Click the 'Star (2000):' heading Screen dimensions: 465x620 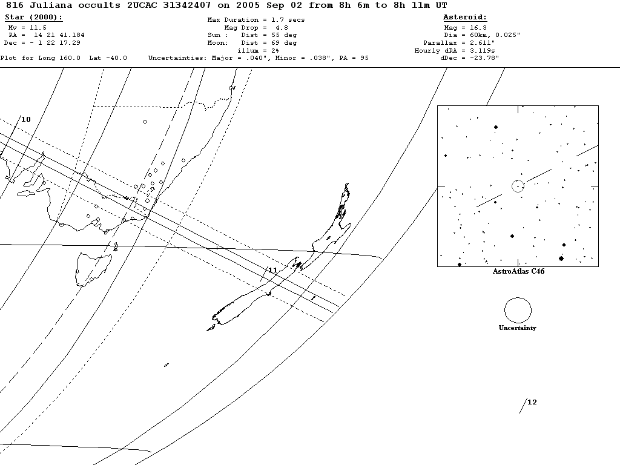tap(33, 17)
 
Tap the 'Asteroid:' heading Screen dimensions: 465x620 tap(465, 17)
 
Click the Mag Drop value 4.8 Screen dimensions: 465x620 tap(282, 28)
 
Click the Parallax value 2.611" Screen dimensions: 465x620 tap(481, 43)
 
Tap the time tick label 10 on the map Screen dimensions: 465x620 tap(26, 119)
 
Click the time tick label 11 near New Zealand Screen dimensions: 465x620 tap(272, 269)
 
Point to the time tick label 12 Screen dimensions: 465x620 tap(532, 402)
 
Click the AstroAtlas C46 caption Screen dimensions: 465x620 tap(518, 271)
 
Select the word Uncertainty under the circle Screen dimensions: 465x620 tap(518, 328)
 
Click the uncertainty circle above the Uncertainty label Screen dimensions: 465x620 tap(518, 310)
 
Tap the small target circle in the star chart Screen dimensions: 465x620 tap(518, 186)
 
